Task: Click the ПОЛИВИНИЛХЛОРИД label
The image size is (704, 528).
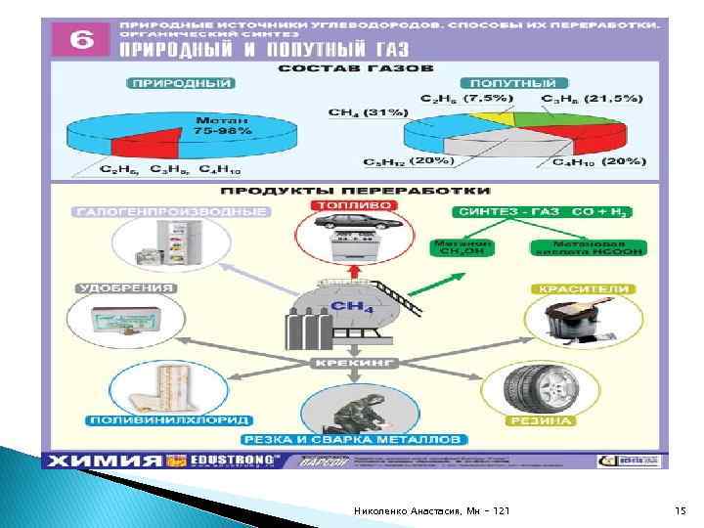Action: point(183,420)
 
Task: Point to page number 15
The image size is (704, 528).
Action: point(682,511)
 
